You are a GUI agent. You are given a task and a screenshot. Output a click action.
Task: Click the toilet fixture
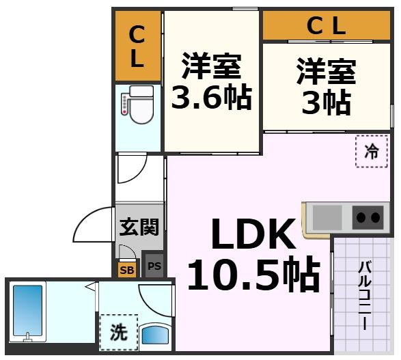[x=139, y=107]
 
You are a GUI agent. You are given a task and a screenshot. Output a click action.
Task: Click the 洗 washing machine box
[x=119, y=333]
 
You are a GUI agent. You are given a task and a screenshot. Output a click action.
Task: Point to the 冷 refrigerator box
[x=371, y=152]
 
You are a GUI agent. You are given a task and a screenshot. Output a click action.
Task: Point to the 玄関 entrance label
[x=139, y=227]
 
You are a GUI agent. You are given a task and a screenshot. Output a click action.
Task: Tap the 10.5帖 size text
[x=253, y=275]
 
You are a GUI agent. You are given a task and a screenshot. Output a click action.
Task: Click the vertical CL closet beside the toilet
[x=137, y=46]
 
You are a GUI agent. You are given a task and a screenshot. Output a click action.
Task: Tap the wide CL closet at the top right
[x=326, y=27]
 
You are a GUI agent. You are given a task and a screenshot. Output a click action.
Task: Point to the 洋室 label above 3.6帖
[x=211, y=67]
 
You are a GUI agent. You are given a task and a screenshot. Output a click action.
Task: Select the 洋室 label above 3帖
[x=326, y=72]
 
